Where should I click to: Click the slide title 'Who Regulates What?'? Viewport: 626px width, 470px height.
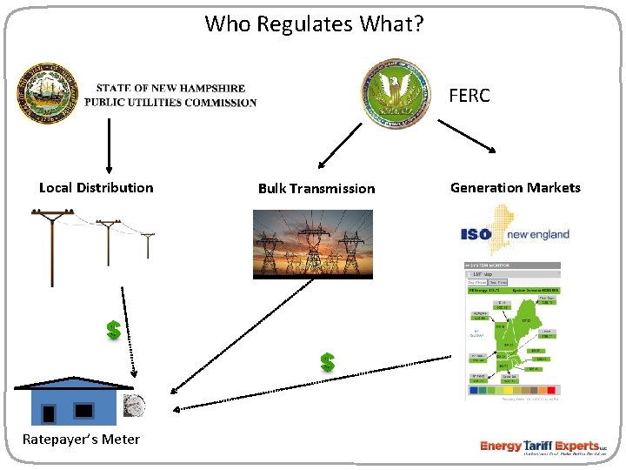pyautogui.click(x=314, y=23)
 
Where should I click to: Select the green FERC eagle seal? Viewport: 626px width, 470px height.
pyautogui.click(x=396, y=95)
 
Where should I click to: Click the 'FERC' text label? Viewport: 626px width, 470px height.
pyautogui.click(x=469, y=96)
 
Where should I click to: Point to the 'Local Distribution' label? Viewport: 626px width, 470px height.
pyautogui.click(x=96, y=188)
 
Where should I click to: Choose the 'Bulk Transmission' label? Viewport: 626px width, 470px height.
pyautogui.click(x=316, y=189)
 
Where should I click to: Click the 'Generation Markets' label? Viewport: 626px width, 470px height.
pyautogui.click(x=515, y=188)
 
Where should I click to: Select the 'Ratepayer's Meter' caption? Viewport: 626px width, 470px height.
pyautogui.click(x=81, y=439)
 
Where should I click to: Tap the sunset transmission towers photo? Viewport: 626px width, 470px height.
pyautogui.click(x=313, y=244)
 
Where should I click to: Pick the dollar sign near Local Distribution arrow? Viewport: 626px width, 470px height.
pyautogui.click(x=113, y=331)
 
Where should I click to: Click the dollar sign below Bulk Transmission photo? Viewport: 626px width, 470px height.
pyautogui.click(x=327, y=362)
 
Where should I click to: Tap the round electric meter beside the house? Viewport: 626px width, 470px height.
pyautogui.click(x=135, y=405)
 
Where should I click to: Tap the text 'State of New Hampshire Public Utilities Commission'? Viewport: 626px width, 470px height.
pyautogui.click(x=170, y=95)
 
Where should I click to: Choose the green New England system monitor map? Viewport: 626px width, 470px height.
pyautogui.click(x=513, y=332)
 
